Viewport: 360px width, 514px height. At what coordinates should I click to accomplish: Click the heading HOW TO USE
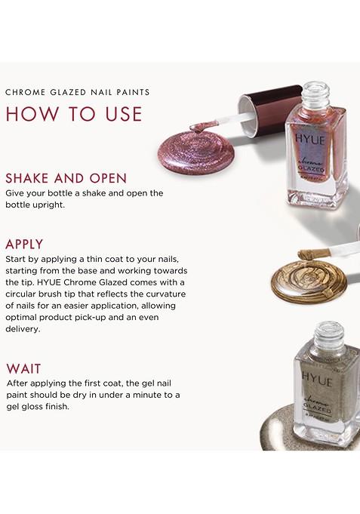click(74, 113)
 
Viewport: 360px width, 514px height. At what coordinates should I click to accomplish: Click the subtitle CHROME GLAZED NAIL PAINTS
click(78, 93)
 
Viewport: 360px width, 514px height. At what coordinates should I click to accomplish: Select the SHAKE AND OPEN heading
click(66, 179)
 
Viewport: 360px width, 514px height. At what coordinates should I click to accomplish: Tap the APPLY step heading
click(24, 245)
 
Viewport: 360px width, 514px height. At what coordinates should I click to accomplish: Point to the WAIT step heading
click(23, 368)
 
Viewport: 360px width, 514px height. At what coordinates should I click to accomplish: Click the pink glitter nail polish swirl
click(189, 146)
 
